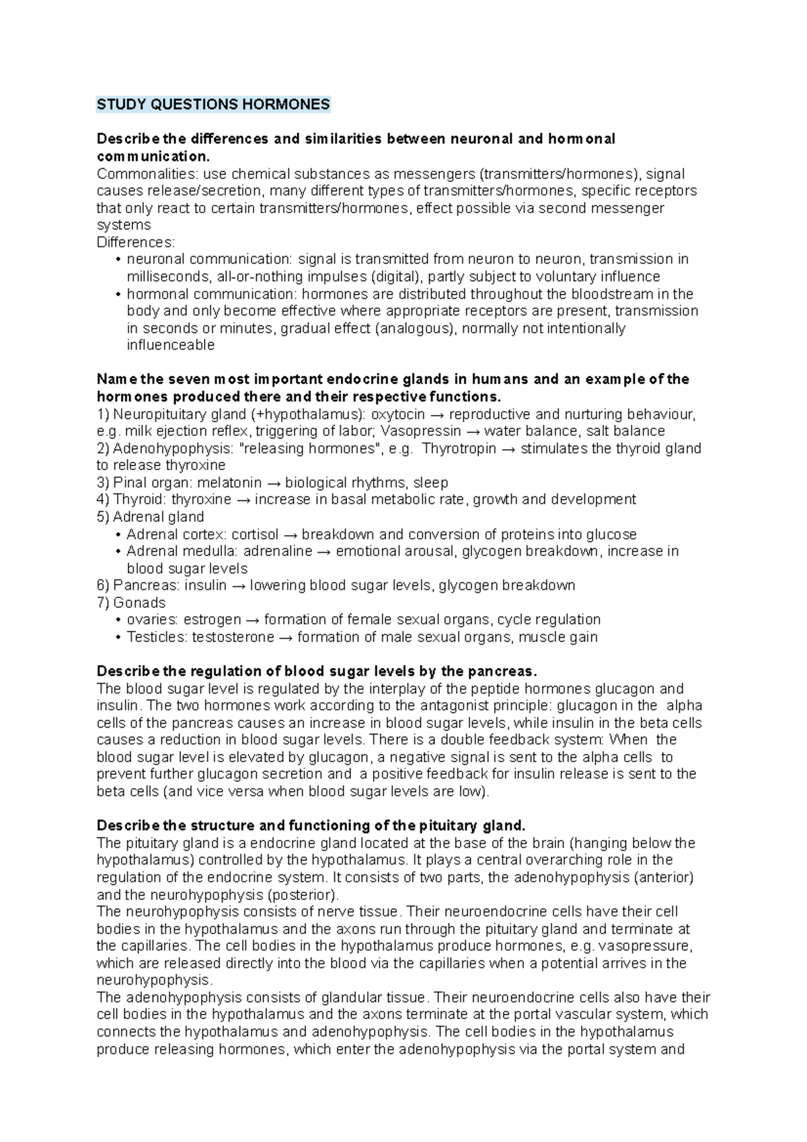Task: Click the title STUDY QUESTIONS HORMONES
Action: pyautogui.click(x=213, y=104)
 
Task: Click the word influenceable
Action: pyautogui.click(x=171, y=346)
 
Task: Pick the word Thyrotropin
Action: pyautogui.click(x=459, y=449)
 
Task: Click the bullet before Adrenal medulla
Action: pyautogui.click(x=119, y=551)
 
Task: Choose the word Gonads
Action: pyautogui.click(x=139, y=603)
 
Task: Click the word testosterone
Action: pyautogui.click(x=233, y=637)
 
